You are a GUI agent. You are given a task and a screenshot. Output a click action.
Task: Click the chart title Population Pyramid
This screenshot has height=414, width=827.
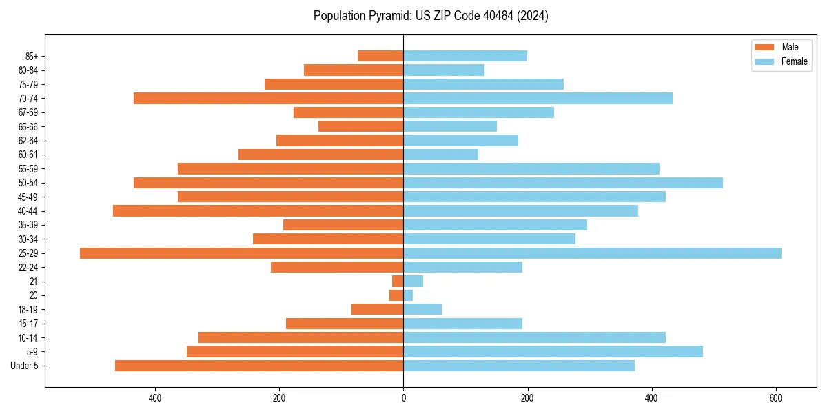tap(431, 16)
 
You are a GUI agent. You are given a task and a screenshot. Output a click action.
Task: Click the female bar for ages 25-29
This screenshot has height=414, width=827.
tap(592, 253)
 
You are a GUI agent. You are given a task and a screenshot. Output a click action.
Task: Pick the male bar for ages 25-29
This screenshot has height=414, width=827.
tap(241, 253)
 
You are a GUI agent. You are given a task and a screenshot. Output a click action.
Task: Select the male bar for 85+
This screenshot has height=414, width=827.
tap(380, 56)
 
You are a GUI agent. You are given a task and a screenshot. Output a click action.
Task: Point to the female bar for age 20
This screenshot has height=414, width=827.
tap(408, 295)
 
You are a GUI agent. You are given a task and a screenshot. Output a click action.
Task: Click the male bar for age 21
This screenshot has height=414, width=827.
tap(398, 282)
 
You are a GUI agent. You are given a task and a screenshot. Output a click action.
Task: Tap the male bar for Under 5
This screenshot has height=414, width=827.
tap(259, 366)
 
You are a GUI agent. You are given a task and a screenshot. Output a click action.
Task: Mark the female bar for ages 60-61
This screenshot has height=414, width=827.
tap(440, 155)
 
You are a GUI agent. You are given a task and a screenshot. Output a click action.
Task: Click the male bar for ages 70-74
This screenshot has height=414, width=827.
tap(268, 98)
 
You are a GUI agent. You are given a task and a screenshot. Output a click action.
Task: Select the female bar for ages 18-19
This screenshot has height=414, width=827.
tap(422, 309)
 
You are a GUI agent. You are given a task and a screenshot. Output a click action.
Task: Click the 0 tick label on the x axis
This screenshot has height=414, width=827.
tap(403, 398)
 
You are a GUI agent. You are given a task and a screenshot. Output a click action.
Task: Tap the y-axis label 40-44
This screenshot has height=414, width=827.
tap(28, 211)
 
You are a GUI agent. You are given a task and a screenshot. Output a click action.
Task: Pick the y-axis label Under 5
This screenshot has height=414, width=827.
tap(24, 366)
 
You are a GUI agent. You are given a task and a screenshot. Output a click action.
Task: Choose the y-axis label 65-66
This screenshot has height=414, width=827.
tap(28, 126)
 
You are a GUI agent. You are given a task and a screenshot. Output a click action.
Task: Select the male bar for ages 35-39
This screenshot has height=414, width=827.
tap(343, 225)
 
